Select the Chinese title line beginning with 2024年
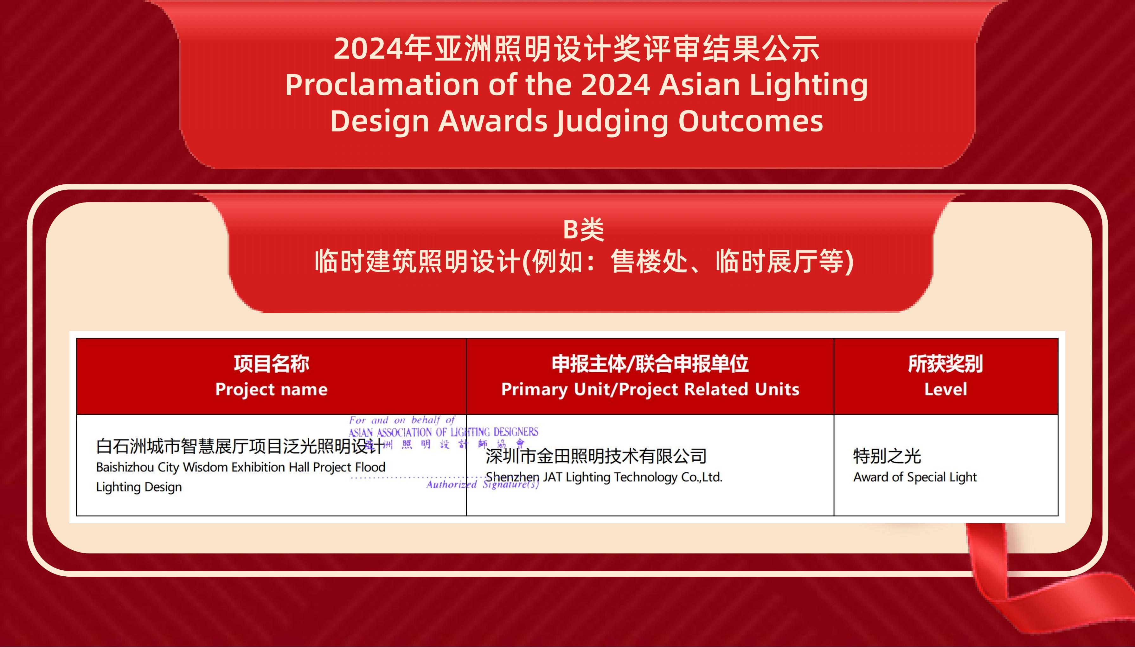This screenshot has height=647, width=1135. (x=576, y=48)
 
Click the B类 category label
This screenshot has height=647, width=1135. (x=583, y=230)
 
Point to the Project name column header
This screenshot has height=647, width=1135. (x=272, y=389)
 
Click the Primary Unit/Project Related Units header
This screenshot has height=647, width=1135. (x=650, y=389)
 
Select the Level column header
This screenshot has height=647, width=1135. (x=946, y=389)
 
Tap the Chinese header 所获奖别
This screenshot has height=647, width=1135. (x=945, y=363)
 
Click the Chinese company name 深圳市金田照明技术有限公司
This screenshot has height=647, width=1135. (x=596, y=456)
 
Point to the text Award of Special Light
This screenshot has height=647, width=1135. (x=915, y=477)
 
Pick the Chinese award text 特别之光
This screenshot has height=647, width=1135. (x=887, y=456)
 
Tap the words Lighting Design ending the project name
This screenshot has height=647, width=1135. (x=139, y=487)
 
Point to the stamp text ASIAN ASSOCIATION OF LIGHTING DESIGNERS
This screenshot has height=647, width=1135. (x=443, y=432)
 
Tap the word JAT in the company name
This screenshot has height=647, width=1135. (x=552, y=477)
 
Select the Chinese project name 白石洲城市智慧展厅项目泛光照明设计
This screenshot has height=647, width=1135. (x=239, y=446)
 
